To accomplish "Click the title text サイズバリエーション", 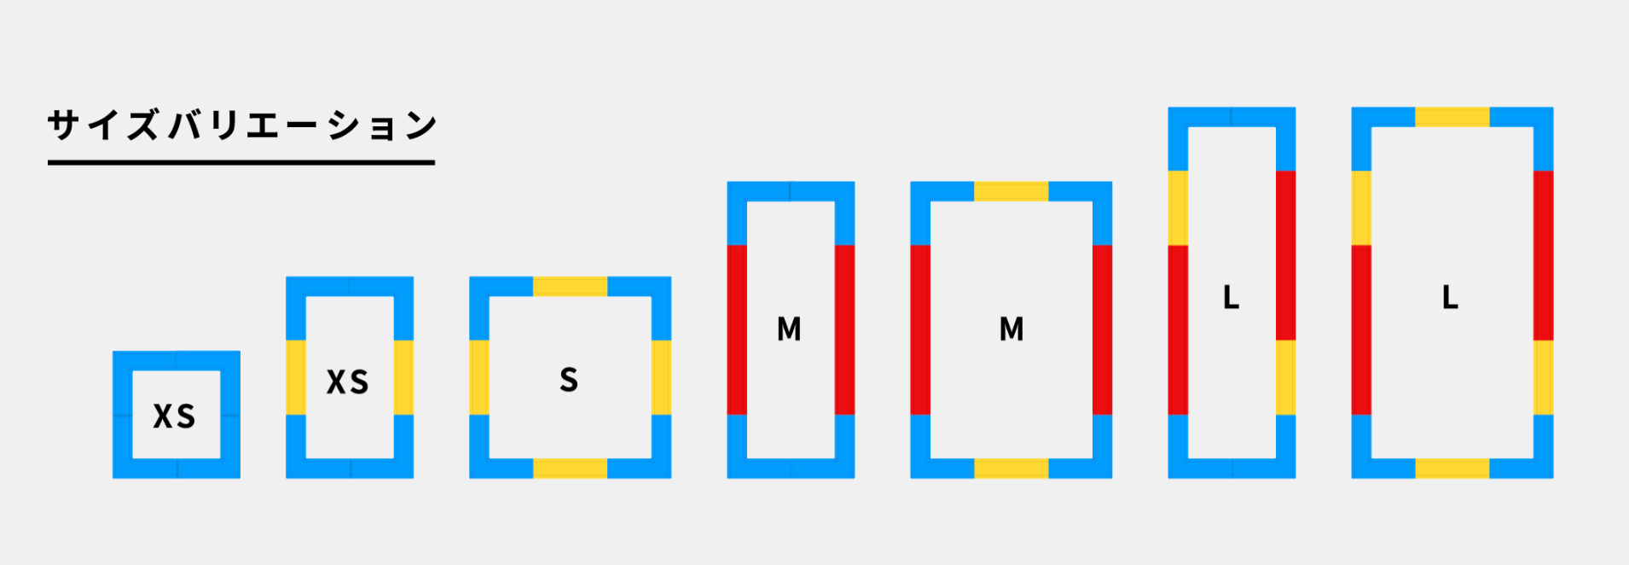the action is coord(242,125).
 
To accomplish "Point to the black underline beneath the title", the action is coord(241,162).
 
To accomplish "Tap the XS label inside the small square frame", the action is coord(175,416).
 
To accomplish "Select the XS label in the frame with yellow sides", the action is coord(348,382).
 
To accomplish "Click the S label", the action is coord(569,379).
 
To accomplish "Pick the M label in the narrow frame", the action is coord(789,329).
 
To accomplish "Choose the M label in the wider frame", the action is coord(1012,329).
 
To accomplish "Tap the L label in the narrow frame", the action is coord(1231,297).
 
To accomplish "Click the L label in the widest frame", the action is coord(1450,297).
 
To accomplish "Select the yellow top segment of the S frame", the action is coord(570,286).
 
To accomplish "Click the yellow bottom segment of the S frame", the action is coord(570,469).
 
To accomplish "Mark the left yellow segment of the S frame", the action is coord(479,377).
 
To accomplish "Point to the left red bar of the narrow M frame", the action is coord(737,329).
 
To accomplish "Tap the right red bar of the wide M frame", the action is coord(1102,329).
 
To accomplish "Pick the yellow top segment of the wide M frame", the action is coord(1012,191).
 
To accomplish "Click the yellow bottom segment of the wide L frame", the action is coord(1452,469).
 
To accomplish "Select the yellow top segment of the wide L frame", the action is coord(1452,117).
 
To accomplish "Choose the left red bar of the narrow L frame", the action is coord(1178,329).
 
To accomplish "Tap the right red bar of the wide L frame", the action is coord(1543,255).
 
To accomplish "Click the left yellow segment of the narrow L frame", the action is coord(1178,207).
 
